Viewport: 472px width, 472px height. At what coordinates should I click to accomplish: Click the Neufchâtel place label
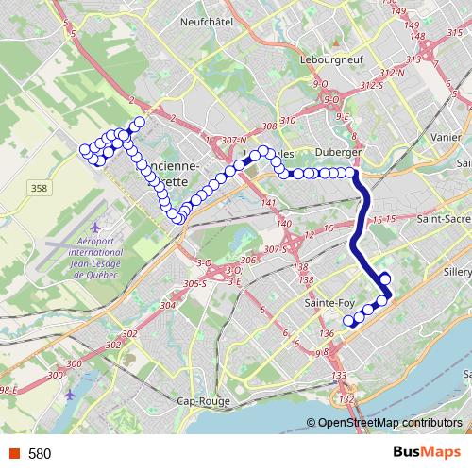207,21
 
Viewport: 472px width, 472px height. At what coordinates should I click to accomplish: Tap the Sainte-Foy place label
330,303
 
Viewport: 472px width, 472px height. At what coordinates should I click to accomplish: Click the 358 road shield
39,189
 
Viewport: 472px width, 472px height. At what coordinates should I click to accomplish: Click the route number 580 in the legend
40,453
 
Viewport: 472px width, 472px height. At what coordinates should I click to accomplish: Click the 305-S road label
195,283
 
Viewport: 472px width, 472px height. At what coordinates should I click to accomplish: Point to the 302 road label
129,334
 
